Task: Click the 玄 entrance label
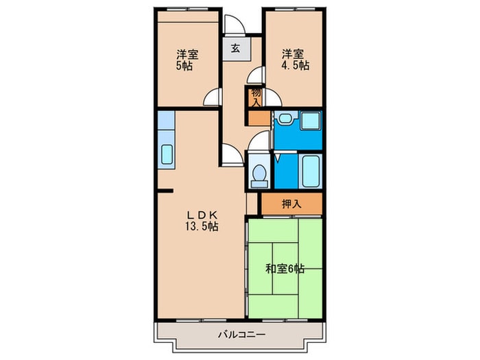235,49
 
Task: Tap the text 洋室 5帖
184,60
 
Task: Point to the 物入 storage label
256,97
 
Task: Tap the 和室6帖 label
285,269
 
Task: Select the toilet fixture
259,175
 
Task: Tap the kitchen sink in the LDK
167,154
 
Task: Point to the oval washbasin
283,119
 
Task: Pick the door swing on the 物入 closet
255,75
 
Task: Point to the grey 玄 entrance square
235,49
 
